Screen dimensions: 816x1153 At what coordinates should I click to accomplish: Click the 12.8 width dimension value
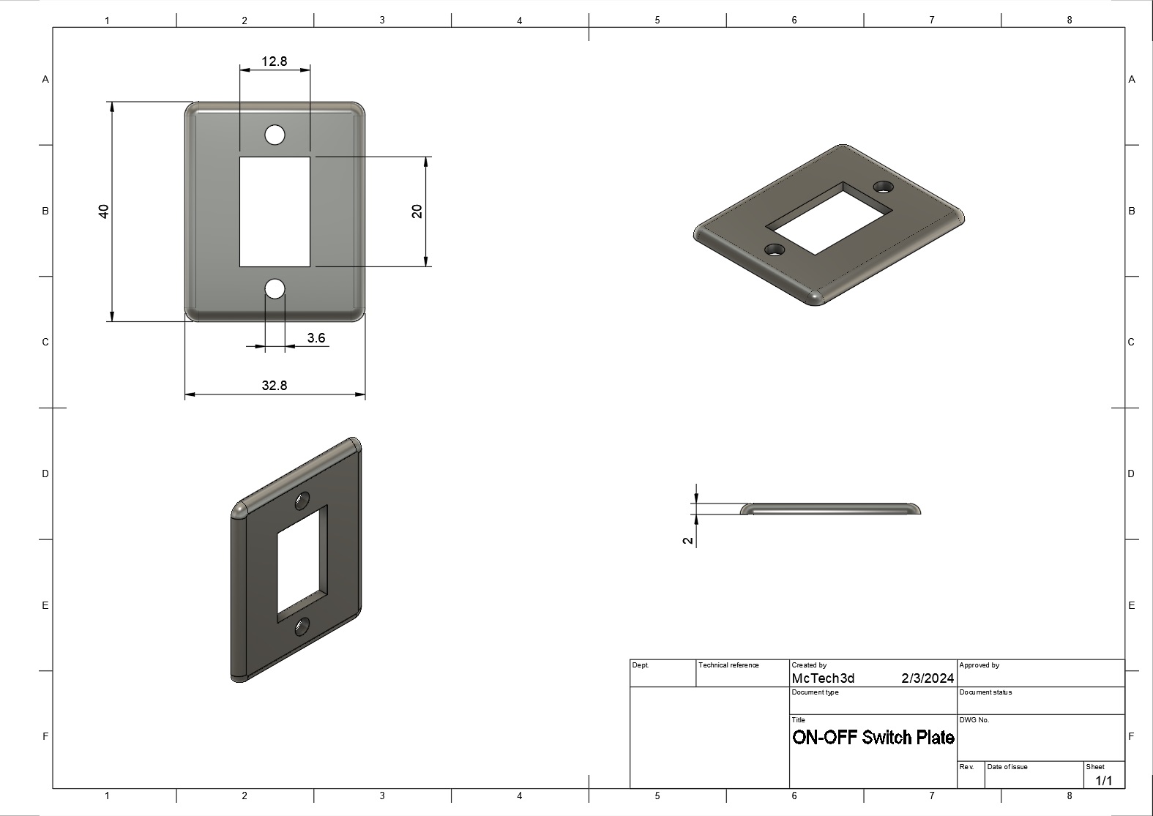pos(275,61)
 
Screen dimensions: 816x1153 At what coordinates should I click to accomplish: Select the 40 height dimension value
pos(104,211)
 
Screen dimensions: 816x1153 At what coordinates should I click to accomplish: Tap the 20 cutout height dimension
pos(417,211)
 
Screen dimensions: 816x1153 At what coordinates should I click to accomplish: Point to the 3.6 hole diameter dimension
pos(316,338)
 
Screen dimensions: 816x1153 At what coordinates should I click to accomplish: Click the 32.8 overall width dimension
pos(275,386)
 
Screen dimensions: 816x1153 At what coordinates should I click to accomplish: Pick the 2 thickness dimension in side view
pos(687,541)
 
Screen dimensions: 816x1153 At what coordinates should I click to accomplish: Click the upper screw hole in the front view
pos(275,135)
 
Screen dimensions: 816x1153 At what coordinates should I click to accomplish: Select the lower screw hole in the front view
pos(275,289)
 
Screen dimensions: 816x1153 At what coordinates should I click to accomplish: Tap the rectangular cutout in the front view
pos(275,212)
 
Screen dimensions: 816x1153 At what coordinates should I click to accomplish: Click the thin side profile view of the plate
pos(830,509)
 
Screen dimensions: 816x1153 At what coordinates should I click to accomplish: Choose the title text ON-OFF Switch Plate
pos(873,738)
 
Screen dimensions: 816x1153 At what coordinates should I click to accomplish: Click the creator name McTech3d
pos(823,678)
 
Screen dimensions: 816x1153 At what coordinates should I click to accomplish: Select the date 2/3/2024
pos(928,678)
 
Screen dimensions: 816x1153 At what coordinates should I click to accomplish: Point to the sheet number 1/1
pos(1103,781)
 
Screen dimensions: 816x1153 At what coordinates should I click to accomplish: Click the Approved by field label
pos(979,665)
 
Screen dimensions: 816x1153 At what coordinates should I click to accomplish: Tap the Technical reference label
pos(728,665)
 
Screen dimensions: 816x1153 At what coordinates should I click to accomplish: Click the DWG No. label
pos(974,720)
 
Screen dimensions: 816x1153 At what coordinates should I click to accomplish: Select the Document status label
pos(985,692)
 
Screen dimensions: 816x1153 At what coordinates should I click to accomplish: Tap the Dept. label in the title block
pos(640,665)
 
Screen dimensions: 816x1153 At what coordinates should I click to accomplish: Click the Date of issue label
pos(1007,767)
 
